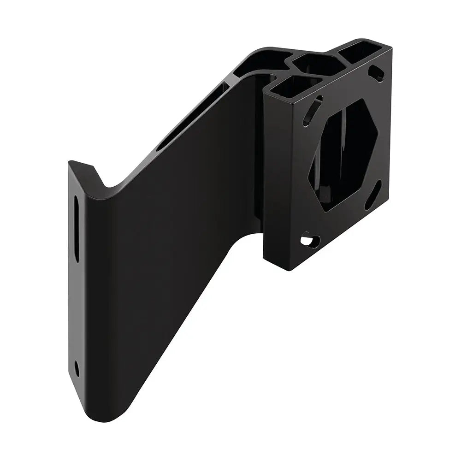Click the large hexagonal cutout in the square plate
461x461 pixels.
[343, 154]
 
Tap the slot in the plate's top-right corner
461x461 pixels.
[377, 73]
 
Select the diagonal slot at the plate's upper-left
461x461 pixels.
[312, 111]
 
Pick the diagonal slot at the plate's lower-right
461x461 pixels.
[373, 195]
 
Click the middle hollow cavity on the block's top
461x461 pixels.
[318, 65]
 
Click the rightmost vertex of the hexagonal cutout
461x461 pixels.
[378, 134]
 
